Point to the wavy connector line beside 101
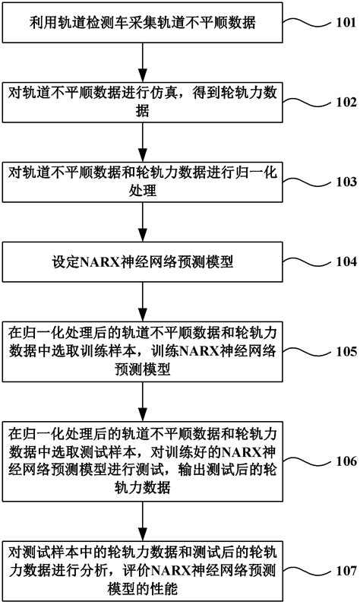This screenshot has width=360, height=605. point(307,22)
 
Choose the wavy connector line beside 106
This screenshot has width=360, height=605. point(307,461)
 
